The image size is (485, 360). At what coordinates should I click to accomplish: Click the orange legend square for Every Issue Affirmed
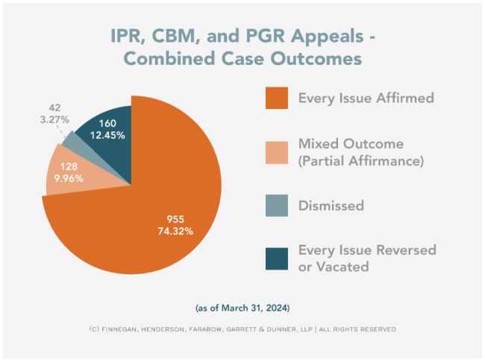coord(276,98)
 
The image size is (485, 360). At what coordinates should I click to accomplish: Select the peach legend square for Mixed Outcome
coord(276,152)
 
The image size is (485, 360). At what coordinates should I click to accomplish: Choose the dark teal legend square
coord(276,256)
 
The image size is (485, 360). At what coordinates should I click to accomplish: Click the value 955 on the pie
coord(175,218)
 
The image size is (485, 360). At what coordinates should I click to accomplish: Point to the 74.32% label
coord(175,231)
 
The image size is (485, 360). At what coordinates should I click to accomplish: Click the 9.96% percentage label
coord(65,178)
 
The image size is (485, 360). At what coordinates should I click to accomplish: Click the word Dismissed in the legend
coord(331,205)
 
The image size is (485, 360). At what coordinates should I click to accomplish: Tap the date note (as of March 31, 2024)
coord(242,307)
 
